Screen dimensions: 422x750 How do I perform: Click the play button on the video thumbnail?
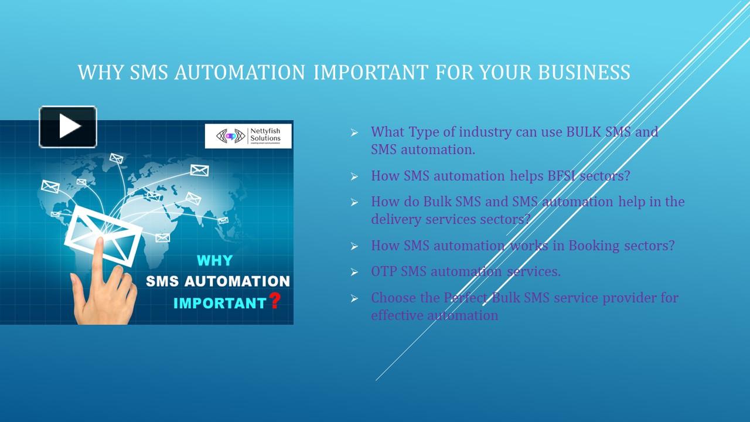point(68,127)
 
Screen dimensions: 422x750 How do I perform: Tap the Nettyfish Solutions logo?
point(248,136)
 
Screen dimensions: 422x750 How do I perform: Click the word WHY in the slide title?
point(100,72)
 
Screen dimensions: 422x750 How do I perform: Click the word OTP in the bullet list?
point(384,271)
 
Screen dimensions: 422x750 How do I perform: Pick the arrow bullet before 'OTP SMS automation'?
point(354,272)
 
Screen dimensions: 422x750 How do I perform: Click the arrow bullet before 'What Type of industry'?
point(354,133)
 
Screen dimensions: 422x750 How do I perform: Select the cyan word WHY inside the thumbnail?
point(214,260)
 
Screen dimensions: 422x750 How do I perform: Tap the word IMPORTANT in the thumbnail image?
point(220,304)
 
